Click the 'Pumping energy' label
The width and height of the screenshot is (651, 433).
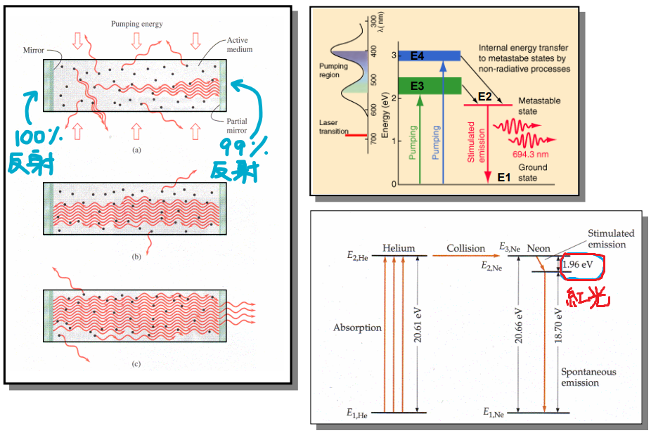[136, 24]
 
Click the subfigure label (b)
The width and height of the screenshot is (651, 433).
[136, 258]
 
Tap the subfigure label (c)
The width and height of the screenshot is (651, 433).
[136, 364]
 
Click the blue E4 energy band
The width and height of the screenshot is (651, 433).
[429, 56]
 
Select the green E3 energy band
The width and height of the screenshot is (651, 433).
[429, 85]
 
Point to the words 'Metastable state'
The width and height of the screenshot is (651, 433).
[539, 106]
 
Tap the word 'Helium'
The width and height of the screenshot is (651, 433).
[399, 248]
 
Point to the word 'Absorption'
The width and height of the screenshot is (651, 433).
[358, 328]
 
